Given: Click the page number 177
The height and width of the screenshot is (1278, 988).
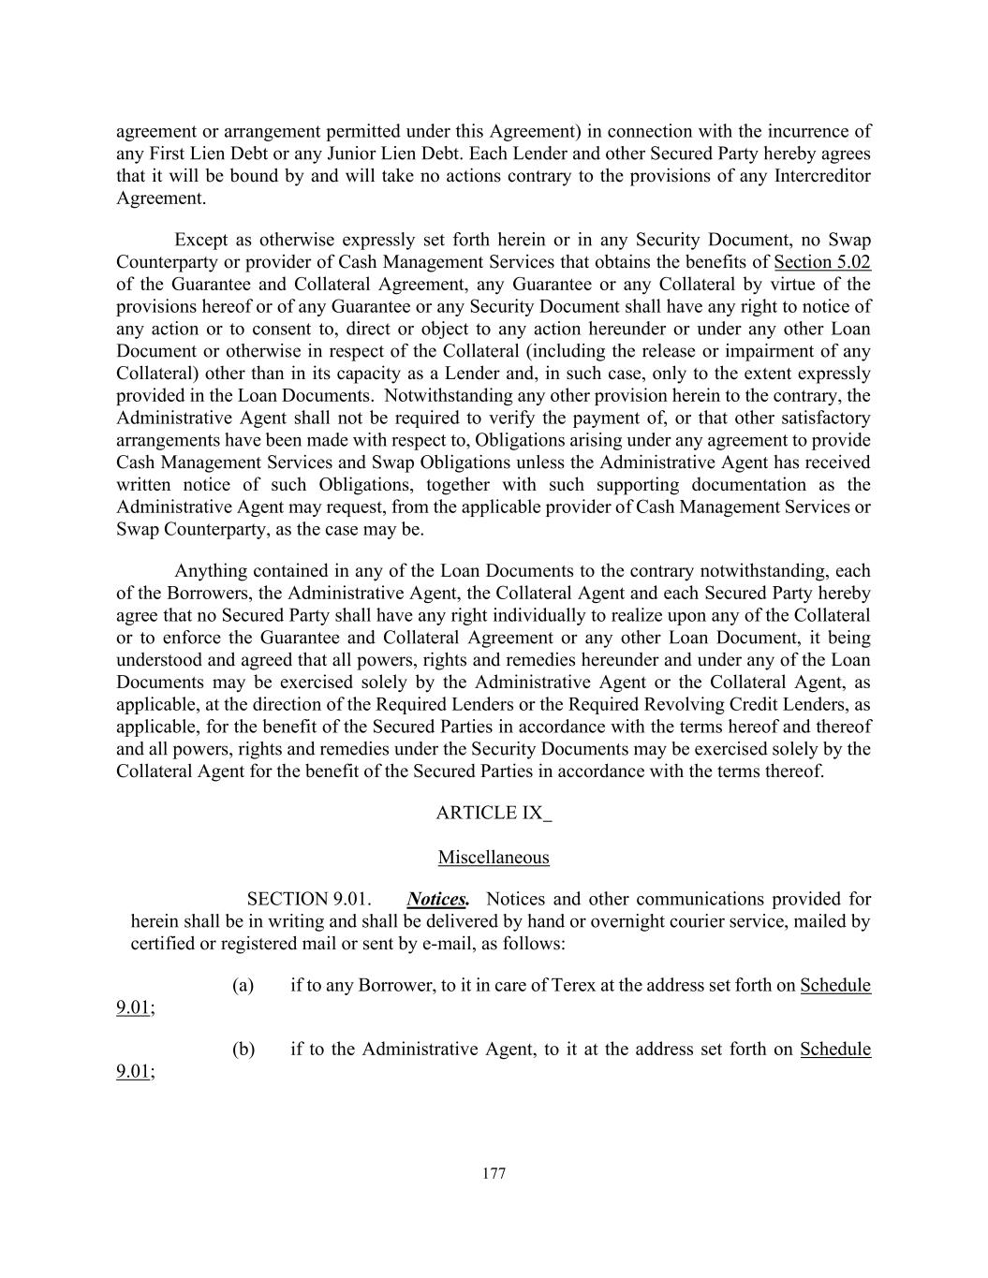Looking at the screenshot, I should click(x=494, y=1174).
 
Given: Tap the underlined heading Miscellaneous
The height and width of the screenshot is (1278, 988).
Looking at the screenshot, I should click(x=494, y=858).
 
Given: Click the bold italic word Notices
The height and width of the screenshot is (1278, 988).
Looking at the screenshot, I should click(x=437, y=900).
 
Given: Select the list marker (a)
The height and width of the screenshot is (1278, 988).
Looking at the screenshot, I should click(x=243, y=985).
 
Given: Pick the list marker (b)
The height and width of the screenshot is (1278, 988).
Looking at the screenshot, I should click(x=243, y=1049).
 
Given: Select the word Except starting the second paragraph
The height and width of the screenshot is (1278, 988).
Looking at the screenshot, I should click(x=201, y=240).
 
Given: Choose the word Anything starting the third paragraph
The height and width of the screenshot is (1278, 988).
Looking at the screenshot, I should click(x=211, y=571).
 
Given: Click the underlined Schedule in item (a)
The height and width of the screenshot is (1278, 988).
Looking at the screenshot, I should click(x=835, y=985).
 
